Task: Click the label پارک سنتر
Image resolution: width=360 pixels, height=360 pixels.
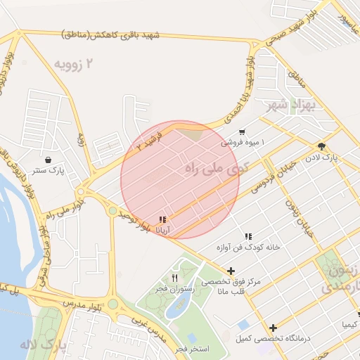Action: pyautogui.click(x=47, y=170)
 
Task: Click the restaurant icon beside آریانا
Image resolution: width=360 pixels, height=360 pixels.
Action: pyautogui.click(x=163, y=219)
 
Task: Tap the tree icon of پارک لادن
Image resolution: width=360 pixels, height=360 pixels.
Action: pyautogui.click(x=321, y=147)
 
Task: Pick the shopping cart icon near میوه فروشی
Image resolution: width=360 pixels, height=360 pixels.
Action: pyautogui.click(x=242, y=131)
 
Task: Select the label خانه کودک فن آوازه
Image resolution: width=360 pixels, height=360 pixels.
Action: pyautogui.click(x=247, y=247)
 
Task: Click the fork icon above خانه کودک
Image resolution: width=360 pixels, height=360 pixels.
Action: pyautogui.click(x=247, y=237)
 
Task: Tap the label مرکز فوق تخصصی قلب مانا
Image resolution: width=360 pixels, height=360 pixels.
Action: pyautogui.click(x=231, y=286)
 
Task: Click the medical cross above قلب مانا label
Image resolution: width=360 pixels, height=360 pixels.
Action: pyautogui.click(x=231, y=271)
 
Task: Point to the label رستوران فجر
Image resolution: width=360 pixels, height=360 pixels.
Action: pyautogui.click(x=174, y=288)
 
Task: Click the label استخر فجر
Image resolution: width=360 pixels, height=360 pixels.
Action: pyautogui.click(x=190, y=348)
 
